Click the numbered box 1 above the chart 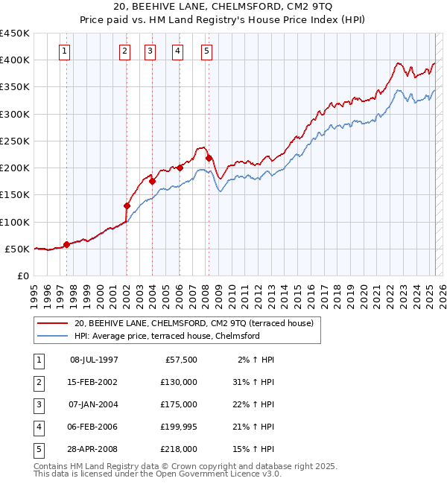(x=65, y=51)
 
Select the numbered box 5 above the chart (x=206, y=51)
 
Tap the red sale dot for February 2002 (x=127, y=206)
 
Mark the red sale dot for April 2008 (x=209, y=158)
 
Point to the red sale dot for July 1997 (x=66, y=244)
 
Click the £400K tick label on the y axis (x=15, y=60)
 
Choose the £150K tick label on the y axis (x=15, y=195)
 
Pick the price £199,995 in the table (x=179, y=427)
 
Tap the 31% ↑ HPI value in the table (x=254, y=382)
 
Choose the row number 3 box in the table (x=37, y=404)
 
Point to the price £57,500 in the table (x=181, y=360)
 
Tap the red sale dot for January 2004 (x=152, y=180)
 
